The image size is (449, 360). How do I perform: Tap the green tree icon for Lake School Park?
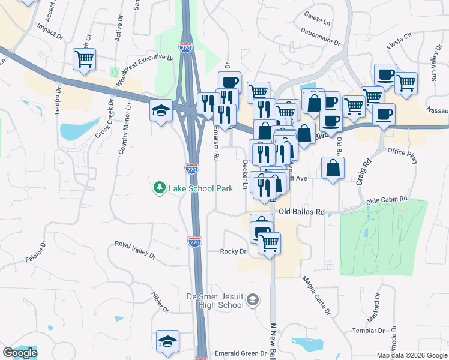160,188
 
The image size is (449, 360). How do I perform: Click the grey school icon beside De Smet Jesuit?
253,299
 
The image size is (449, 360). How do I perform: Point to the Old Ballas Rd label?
301,212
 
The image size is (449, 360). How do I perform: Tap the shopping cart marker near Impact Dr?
85,59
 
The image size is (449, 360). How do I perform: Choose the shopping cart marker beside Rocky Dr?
270,242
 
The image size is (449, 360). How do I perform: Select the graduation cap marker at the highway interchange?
161,109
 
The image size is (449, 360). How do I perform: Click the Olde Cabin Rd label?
387,199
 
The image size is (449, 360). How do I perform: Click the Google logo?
20,353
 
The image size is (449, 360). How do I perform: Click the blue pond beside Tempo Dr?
78,129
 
